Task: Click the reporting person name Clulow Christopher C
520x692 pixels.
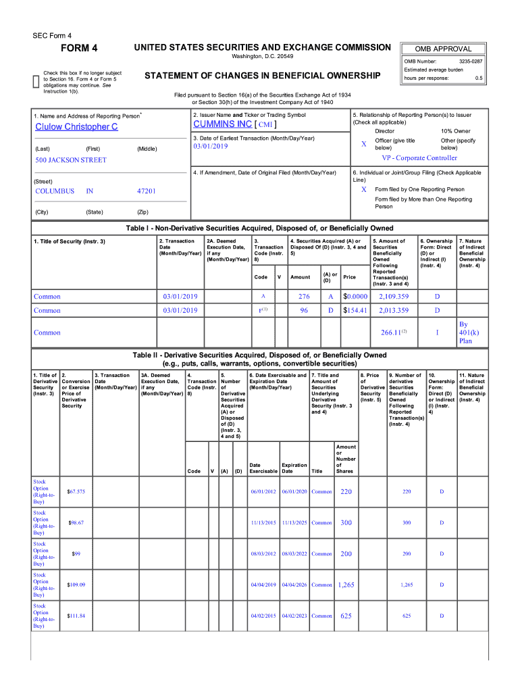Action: click(x=76, y=127)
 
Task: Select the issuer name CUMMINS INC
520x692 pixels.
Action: click(x=222, y=124)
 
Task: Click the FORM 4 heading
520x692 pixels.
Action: click(x=80, y=48)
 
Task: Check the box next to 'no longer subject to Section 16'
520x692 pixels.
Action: click(x=36, y=81)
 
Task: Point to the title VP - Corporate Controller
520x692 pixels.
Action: click(x=419, y=158)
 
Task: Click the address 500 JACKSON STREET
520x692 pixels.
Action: click(x=71, y=160)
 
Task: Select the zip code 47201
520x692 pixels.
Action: click(x=146, y=191)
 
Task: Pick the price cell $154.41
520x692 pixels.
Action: click(x=355, y=311)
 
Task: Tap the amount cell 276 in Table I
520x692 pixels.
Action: click(x=304, y=297)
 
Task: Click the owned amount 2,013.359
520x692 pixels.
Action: click(x=394, y=311)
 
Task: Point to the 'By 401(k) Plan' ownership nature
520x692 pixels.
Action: click(x=466, y=332)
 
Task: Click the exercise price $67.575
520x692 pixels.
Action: click(x=76, y=491)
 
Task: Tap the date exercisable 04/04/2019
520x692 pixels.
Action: click(x=263, y=585)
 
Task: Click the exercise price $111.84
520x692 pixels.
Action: click(x=76, y=616)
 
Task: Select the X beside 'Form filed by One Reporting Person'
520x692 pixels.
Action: click(x=363, y=189)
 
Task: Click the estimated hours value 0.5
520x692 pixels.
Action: click(x=478, y=78)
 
